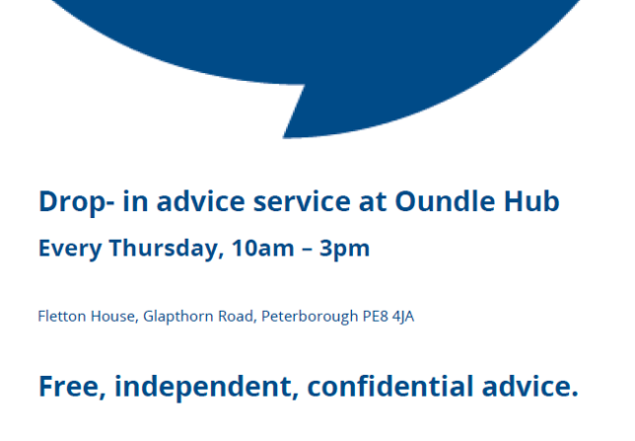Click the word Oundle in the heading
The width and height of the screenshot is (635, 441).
(x=445, y=201)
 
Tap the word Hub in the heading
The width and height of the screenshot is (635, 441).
(x=531, y=201)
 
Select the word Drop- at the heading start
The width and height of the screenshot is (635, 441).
(x=76, y=202)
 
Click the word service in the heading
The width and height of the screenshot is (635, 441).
(x=302, y=201)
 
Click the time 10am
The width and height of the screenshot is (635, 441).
(x=263, y=248)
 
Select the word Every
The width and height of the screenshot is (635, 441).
(x=70, y=249)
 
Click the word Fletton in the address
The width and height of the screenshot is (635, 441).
(x=62, y=316)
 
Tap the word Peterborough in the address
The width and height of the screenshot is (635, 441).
(x=310, y=317)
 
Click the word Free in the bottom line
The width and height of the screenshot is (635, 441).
(x=73, y=387)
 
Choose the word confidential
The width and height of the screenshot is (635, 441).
(x=390, y=386)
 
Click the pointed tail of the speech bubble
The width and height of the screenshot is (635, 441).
(x=284, y=138)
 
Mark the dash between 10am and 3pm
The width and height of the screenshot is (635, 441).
(x=307, y=249)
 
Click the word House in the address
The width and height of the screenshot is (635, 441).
(x=114, y=316)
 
